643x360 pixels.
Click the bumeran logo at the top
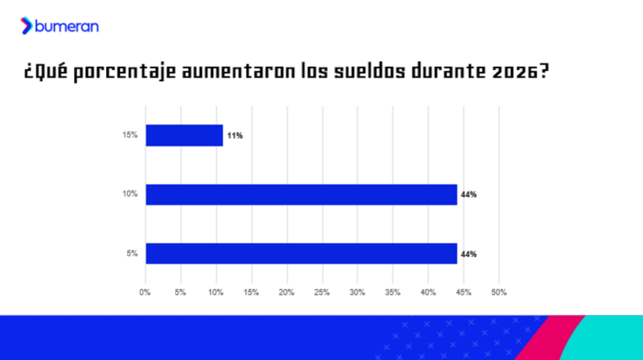click(x=60, y=27)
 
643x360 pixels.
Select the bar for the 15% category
click(x=184, y=135)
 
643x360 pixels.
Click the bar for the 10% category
click(x=301, y=194)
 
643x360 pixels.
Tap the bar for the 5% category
click(x=301, y=253)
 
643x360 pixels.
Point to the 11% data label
click(x=235, y=136)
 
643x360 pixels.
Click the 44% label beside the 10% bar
click(x=469, y=194)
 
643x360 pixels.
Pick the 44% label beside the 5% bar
click(x=469, y=254)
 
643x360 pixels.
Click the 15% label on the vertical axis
click(x=130, y=135)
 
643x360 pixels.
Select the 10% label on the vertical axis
click(x=130, y=194)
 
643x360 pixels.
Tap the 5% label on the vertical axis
click(x=132, y=253)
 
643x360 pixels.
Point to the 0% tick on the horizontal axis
click(x=145, y=292)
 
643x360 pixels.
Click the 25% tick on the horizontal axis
click(x=321, y=292)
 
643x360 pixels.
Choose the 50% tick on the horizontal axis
click(x=498, y=292)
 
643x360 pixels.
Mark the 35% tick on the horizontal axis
click(x=392, y=292)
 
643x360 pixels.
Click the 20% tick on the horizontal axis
click(x=286, y=292)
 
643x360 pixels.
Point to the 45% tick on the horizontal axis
click(x=463, y=292)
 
